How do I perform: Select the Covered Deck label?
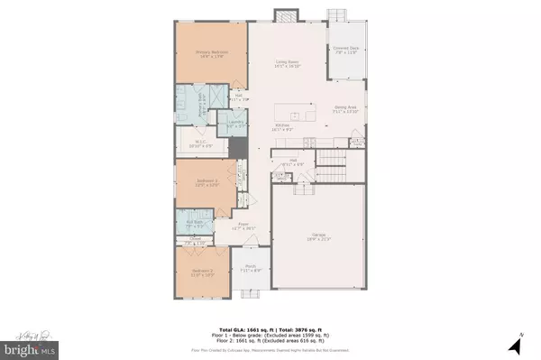346,50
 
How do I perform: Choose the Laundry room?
236,123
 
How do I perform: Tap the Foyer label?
243,227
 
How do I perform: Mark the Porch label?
248,270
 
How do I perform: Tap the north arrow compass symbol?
516,343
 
